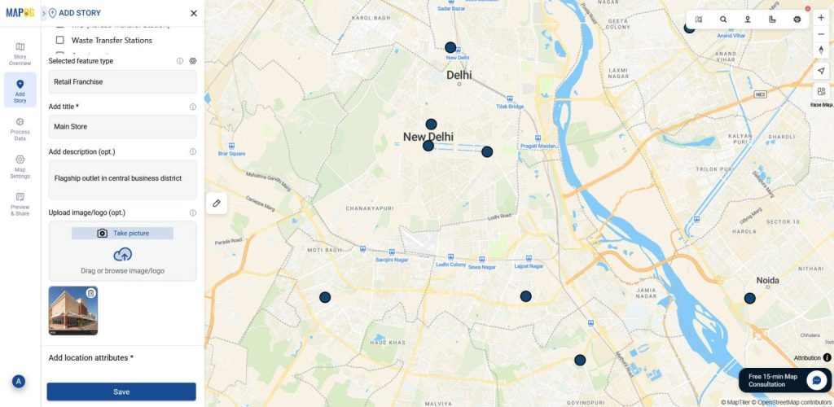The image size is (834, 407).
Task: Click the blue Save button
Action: coord(121,392)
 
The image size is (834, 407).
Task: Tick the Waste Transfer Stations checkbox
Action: coord(60,40)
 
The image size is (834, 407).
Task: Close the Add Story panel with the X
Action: coord(193,13)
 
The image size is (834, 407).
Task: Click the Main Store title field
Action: coord(122,126)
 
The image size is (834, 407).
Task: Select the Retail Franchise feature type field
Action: coord(122,81)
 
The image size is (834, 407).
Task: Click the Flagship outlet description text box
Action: coord(122,179)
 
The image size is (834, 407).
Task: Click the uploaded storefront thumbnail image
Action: coord(73,310)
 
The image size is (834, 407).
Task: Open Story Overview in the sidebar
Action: coord(20,54)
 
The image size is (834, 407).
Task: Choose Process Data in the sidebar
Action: coord(20,129)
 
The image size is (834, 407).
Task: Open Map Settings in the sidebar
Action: coord(20,166)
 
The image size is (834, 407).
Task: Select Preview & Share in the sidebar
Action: coord(20,203)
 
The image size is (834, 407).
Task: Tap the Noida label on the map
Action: coord(767,281)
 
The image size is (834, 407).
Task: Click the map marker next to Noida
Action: coord(749,299)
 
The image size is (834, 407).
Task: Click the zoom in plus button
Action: coord(821,18)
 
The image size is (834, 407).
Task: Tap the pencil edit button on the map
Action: coord(217,203)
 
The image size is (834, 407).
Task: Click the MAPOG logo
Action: coord(19,12)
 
